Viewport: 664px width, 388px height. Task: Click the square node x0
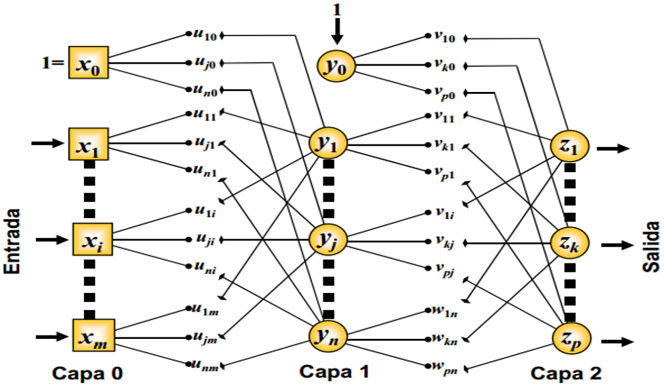pos(88,63)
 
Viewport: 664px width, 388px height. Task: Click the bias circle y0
pos(336,65)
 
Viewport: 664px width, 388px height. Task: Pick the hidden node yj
pos(328,239)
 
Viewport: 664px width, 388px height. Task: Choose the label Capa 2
pos(566,373)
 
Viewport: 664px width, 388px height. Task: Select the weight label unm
pos(204,366)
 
